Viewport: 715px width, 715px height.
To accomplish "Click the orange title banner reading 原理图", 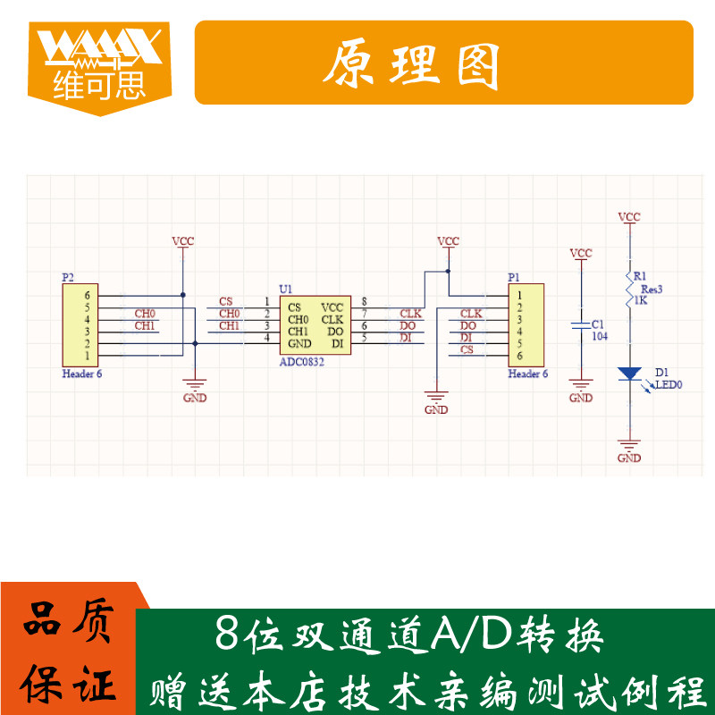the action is [444, 63].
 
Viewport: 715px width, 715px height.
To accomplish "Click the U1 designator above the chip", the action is [285, 289].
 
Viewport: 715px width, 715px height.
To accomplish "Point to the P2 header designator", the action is [68, 278].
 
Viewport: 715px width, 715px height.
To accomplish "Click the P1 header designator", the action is [513, 278].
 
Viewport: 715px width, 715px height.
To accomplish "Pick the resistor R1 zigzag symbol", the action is [629, 289].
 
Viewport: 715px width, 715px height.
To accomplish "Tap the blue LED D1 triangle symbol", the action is [629, 373].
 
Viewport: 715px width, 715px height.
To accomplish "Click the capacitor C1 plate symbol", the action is [581, 324].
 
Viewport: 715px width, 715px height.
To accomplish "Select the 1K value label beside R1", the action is [640, 301].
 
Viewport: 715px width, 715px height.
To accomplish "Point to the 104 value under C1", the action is [600, 336].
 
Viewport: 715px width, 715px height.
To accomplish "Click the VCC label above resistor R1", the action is [629, 217].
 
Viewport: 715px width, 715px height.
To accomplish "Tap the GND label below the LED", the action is [629, 458].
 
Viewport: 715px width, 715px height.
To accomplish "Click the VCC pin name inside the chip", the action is [332, 307].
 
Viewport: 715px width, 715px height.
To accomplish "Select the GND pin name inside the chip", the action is [299, 344].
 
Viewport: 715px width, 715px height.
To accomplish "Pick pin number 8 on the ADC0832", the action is [364, 301].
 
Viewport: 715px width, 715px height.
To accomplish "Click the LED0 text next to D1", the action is [669, 385].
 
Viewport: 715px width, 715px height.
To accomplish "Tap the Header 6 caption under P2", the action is [82, 374].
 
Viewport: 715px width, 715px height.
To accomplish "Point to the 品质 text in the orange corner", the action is [67, 622].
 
